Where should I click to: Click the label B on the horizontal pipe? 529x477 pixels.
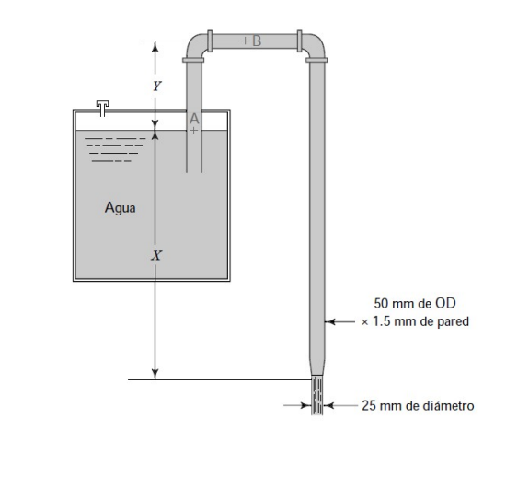[x=257, y=41]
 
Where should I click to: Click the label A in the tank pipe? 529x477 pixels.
[x=194, y=119]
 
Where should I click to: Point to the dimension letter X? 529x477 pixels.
[x=155, y=255]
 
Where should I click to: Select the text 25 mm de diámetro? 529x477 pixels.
[x=419, y=404]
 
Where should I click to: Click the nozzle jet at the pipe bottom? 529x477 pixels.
[x=318, y=397]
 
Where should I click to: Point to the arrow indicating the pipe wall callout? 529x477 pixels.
[x=341, y=322]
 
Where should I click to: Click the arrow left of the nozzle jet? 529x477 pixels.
[x=298, y=404]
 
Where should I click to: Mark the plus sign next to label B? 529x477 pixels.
[x=246, y=41]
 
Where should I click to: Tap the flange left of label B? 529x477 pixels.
[x=211, y=41]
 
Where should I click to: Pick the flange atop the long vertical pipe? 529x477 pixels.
[x=318, y=59]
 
